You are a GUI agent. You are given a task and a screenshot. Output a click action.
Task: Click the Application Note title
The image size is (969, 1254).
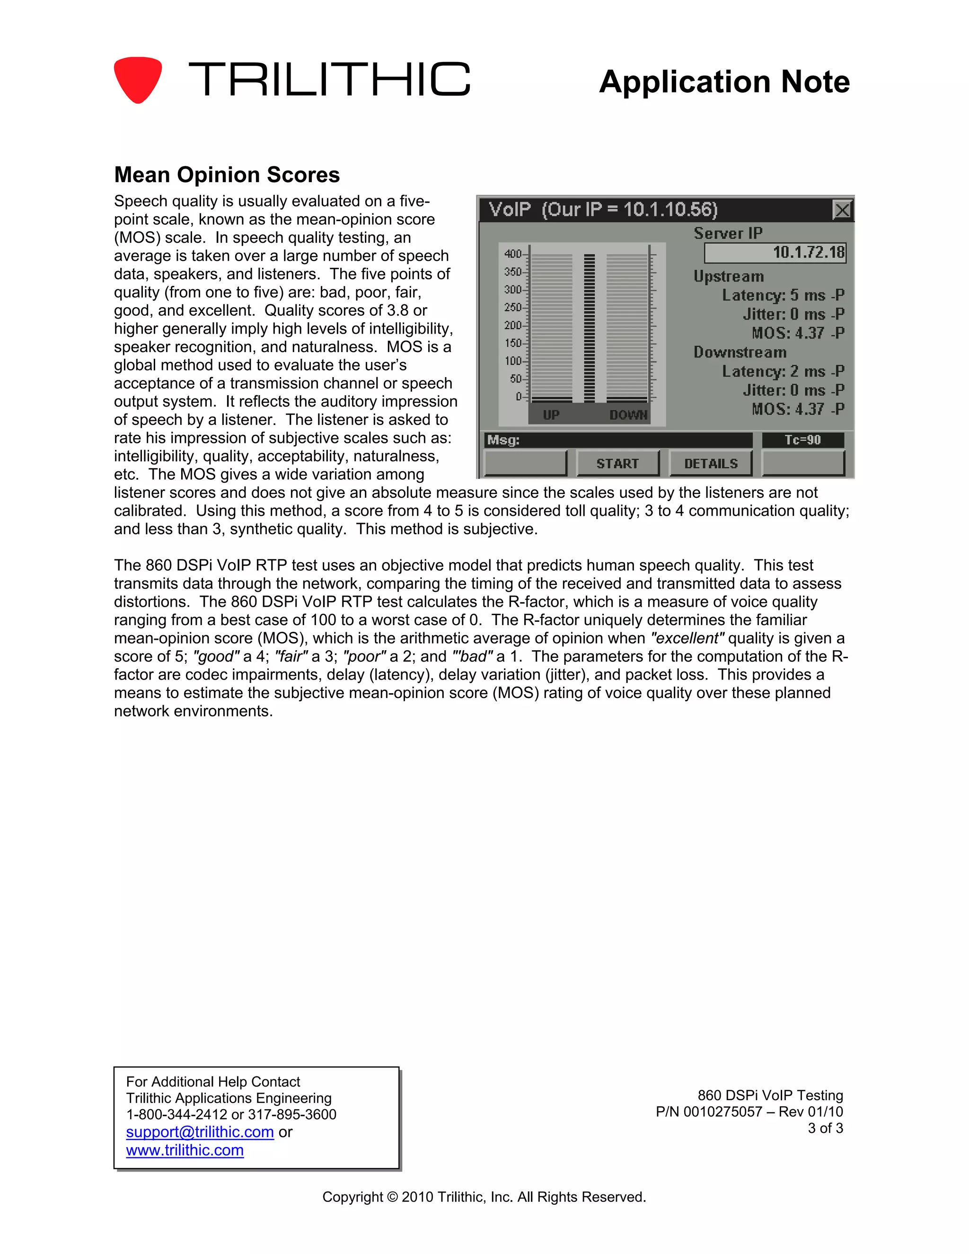[724, 81]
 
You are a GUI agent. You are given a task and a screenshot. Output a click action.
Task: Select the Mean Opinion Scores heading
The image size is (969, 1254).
[227, 175]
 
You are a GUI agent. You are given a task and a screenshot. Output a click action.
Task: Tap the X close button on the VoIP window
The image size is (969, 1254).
[842, 210]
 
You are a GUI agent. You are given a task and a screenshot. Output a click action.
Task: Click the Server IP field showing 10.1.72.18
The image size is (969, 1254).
[775, 252]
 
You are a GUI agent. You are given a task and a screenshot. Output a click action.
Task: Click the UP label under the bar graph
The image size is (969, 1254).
[551, 415]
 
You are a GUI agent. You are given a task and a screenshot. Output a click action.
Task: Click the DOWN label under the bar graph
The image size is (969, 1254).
[628, 415]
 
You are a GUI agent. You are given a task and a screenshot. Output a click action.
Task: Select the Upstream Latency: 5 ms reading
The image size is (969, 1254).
[783, 295]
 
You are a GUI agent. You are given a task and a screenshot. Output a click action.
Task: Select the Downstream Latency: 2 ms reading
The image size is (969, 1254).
[783, 371]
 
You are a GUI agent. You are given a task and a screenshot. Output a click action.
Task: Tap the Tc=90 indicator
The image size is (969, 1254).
[802, 440]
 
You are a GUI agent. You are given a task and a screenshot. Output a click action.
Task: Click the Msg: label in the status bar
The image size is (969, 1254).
[503, 441]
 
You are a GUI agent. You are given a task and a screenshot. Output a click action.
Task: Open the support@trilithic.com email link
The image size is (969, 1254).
[200, 1132]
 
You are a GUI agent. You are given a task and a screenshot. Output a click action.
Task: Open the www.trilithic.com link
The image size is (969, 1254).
[185, 1150]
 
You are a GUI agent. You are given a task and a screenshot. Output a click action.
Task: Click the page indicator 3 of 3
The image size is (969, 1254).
[825, 1128]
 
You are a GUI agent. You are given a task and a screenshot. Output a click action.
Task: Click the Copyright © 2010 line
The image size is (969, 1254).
[484, 1197]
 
